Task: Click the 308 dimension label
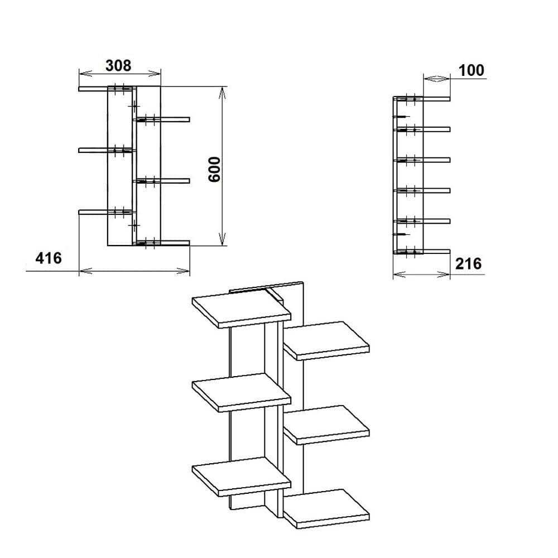118,65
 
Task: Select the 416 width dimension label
48,258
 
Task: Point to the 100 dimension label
472,70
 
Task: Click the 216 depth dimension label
468,263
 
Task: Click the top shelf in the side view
430,99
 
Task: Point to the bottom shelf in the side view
430,252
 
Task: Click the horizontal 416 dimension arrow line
134,271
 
